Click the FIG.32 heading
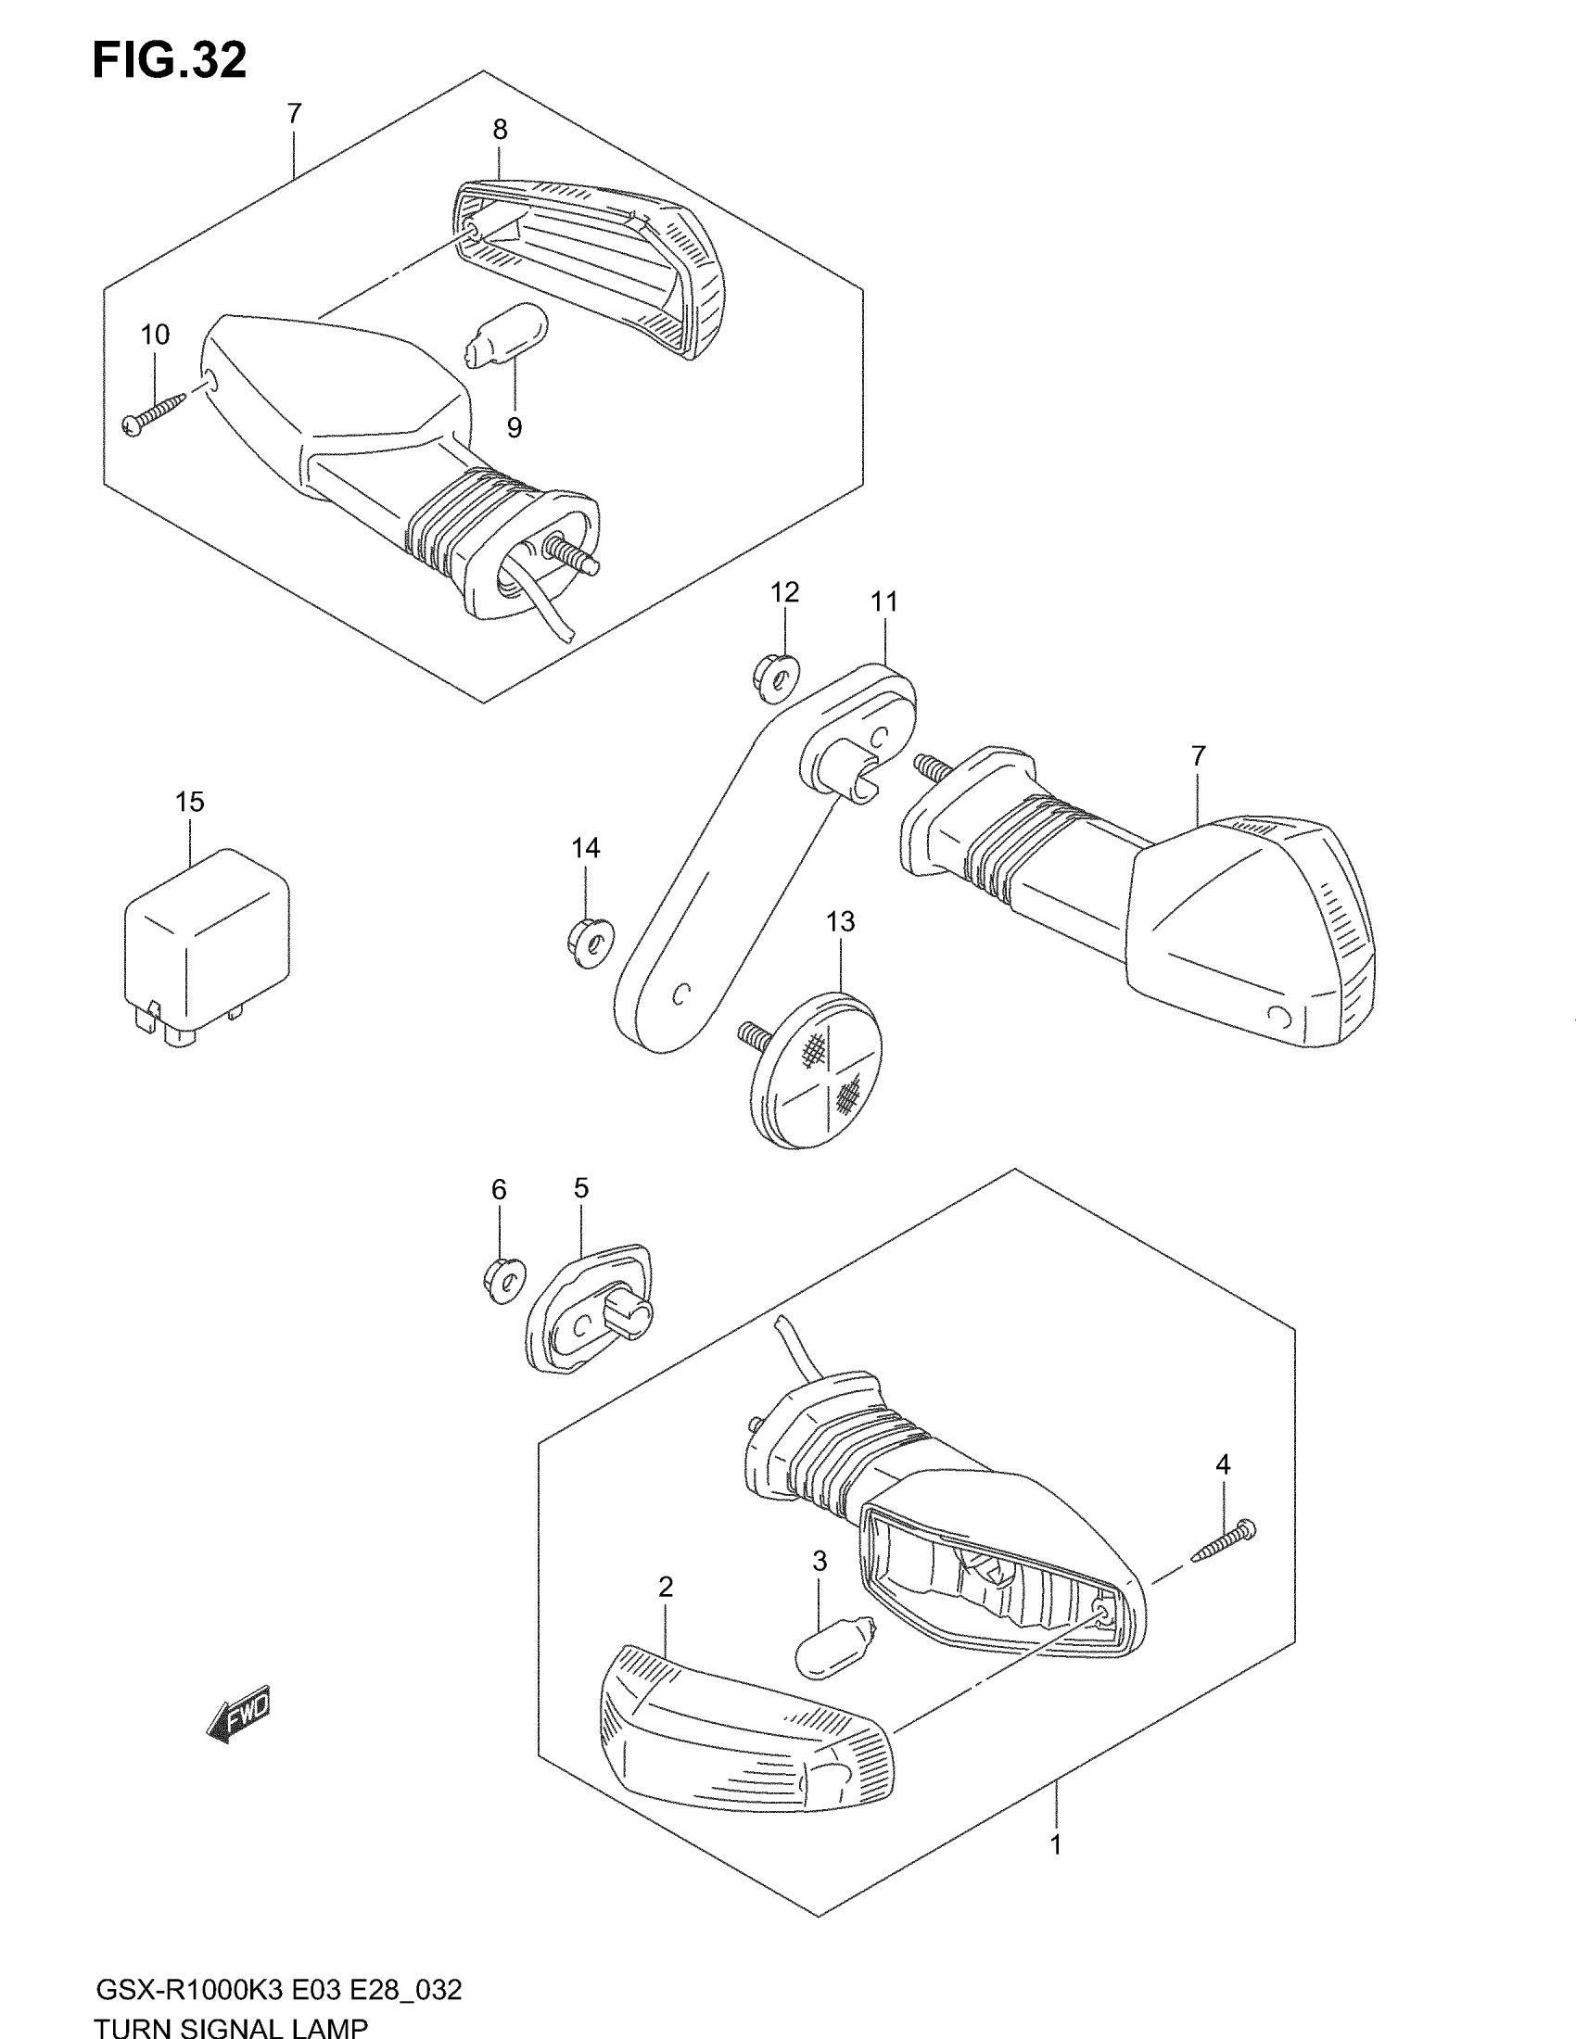(x=170, y=60)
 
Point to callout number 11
(x=883, y=602)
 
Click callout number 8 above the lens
(x=501, y=130)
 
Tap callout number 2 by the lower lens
(x=666, y=1586)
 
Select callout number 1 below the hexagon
(x=1056, y=1844)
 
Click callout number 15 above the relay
(x=189, y=802)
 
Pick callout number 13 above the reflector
(x=840, y=921)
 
